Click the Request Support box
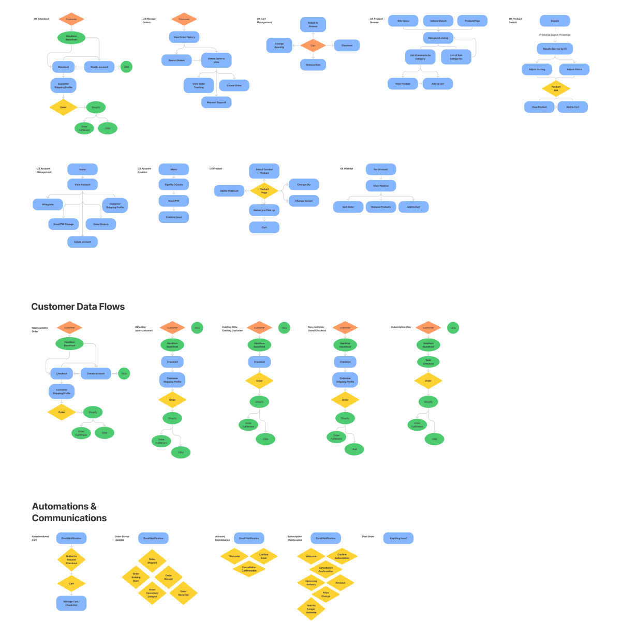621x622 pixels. pyautogui.click(x=216, y=102)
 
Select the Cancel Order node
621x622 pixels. pyautogui.click(x=234, y=85)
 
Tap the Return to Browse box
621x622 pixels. pyautogui.click(x=313, y=24)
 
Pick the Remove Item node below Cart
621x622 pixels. pyautogui.click(x=313, y=65)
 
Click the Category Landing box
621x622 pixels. pyautogui.click(x=438, y=38)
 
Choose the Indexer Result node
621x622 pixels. pyautogui.click(x=438, y=21)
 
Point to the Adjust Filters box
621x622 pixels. pyautogui.click(x=574, y=69)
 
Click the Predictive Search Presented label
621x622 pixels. pyautogui.click(x=555, y=35)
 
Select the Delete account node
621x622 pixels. pyautogui.click(x=82, y=241)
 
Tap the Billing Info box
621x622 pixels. pyautogui.click(x=48, y=204)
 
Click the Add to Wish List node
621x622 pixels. pyautogui.click(x=229, y=191)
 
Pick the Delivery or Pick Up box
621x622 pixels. pyautogui.click(x=264, y=210)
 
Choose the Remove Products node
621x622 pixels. pyautogui.click(x=381, y=207)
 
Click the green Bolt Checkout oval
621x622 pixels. pyautogui.click(x=428, y=362)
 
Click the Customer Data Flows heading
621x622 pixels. pyautogui.click(x=78, y=307)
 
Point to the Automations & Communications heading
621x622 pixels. pyautogui.click(x=69, y=512)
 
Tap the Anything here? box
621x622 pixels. pyautogui.click(x=398, y=538)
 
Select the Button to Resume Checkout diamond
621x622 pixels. pyautogui.click(x=71, y=559)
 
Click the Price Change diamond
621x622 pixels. pyautogui.click(x=326, y=594)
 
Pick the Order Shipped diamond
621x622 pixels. pyautogui.click(x=152, y=560)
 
